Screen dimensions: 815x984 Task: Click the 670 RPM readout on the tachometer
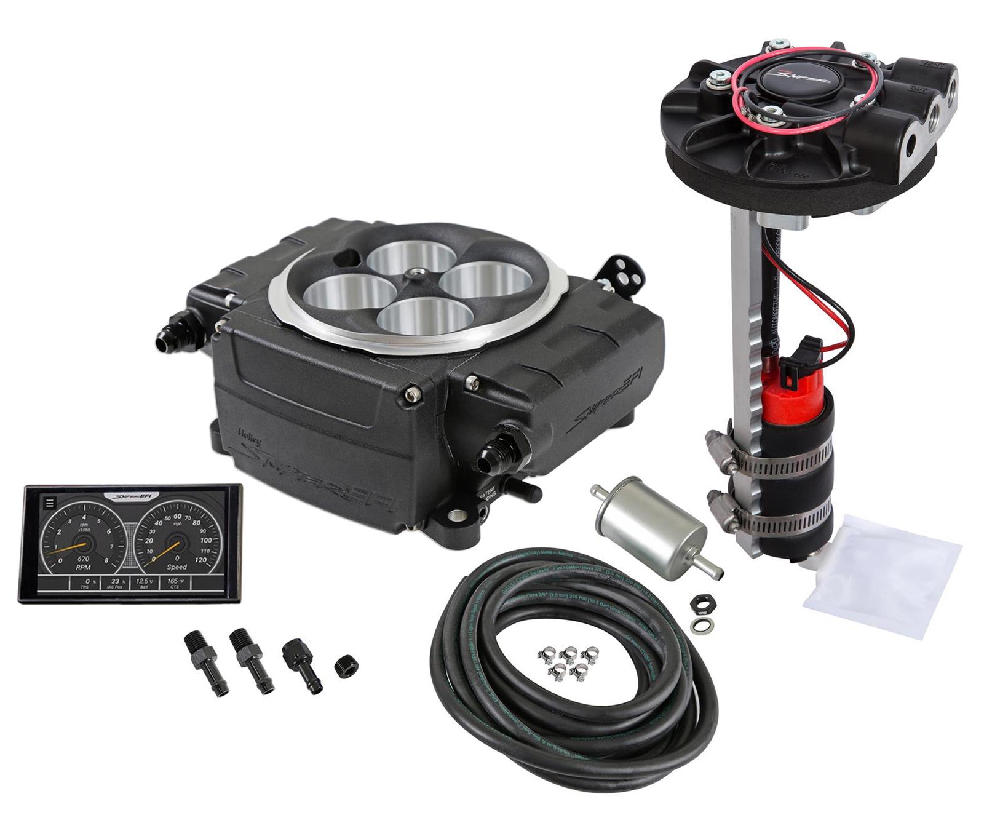(82, 558)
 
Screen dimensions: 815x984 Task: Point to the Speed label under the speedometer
(177, 567)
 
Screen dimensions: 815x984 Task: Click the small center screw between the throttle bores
(418, 271)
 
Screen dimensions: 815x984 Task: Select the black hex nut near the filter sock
(700, 604)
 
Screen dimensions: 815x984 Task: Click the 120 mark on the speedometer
(200, 560)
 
